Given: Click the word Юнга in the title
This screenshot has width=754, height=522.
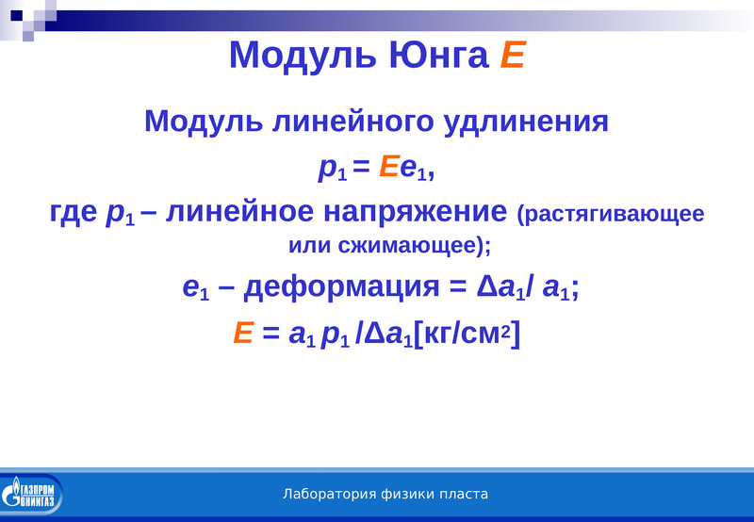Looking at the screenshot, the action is click(x=438, y=55).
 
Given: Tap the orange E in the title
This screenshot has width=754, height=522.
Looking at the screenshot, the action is click(x=513, y=55).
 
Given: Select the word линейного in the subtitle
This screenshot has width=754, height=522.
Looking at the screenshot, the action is click(x=352, y=121).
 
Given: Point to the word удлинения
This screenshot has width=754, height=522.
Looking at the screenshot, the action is click(x=526, y=122).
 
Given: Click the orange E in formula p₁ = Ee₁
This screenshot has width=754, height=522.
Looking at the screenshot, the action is click(x=388, y=167).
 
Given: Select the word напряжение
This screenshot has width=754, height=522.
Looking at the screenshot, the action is click(x=416, y=212).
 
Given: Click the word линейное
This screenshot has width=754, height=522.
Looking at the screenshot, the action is click(x=239, y=211).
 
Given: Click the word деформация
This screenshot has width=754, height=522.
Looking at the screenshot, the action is click(x=341, y=288).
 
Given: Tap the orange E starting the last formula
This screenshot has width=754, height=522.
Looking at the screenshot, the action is click(x=243, y=333).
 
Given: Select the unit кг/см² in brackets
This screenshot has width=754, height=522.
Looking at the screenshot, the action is click(x=467, y=334).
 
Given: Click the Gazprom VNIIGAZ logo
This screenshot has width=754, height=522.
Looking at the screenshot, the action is click(x=31, y=494).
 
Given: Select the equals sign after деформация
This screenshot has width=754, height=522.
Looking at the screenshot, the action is click(x=458, y=287).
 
